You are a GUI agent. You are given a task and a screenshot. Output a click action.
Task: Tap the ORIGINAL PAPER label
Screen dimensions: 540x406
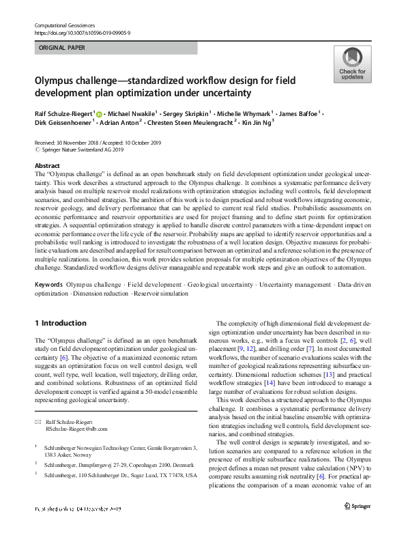click(x=63, y=48)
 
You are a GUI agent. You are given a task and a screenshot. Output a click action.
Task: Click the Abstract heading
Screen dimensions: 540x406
click(x=46, y=166)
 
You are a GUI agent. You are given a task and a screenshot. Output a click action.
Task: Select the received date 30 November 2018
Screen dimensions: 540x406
click(x=84, y=143)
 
